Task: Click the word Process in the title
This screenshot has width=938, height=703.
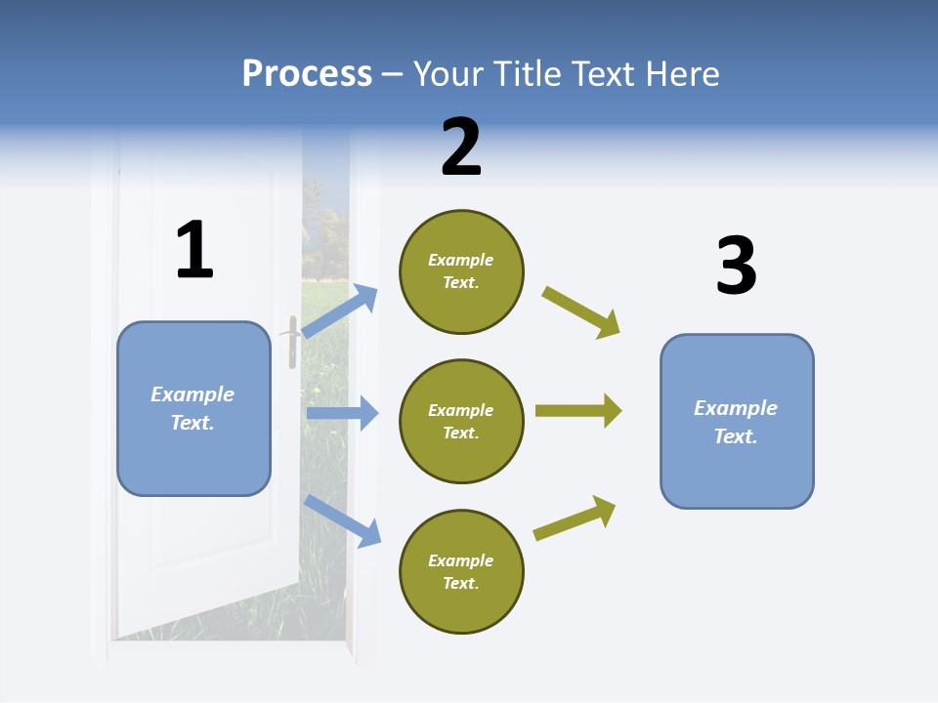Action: pos(307,73)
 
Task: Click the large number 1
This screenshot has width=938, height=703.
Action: pos(194,251)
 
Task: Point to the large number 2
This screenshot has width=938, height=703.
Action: pos(461,148)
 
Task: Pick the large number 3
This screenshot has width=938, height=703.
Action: pos(736,267)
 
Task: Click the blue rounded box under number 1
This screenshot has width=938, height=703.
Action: pos(193,408)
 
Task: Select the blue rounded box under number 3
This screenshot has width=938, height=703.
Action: pos(737,421)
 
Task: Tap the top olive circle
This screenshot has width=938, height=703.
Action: pos(461,271)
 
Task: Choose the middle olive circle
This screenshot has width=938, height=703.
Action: pos(461,421)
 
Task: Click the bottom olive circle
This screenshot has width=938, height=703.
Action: pos(461,571)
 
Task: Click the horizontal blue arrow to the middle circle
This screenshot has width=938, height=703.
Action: pos(342,413)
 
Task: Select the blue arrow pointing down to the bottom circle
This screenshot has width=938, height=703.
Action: pos(342,520)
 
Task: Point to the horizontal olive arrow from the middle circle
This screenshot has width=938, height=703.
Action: pos(577,410)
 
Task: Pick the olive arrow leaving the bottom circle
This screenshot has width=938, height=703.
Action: pos(575,517)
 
